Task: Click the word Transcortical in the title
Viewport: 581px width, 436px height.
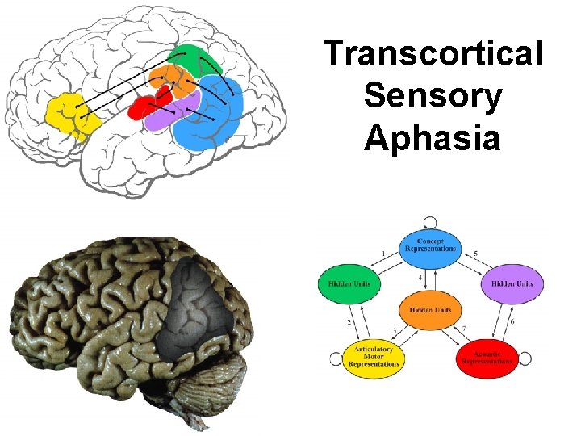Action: point(433,55)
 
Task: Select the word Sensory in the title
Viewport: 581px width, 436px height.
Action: point(433,96)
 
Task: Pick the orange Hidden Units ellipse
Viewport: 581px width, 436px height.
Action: point(430,310)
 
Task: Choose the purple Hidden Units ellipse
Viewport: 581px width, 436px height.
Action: point(512,283)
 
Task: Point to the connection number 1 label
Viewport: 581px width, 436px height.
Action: point(382,254)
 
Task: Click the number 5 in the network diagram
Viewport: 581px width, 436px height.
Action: point(475,254)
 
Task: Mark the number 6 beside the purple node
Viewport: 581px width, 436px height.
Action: point(512,321)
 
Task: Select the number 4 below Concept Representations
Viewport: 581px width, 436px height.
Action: point(420,279)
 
